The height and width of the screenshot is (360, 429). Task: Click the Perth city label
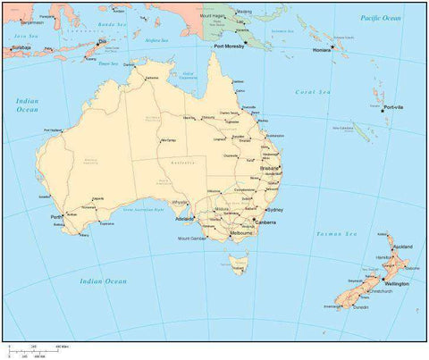click(x=55, y=216)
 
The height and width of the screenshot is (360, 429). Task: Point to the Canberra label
click(x=265, y=222)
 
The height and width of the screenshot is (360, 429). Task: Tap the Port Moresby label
click(x=230, y=46)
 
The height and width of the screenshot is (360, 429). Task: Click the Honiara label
click(x=323, y=50)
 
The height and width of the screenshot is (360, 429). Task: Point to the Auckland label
click(x=402, y=245)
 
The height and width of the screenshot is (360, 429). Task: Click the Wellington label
click(x=397, y=284)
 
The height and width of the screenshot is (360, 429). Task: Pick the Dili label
click(x=101, y=41)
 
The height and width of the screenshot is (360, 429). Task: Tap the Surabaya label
click(x=21, y=47)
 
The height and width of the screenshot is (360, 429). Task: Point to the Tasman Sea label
click(x=336, y=233)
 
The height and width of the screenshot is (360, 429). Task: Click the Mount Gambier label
click(x=192, y=239)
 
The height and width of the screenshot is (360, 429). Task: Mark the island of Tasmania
click(x=237, y=264)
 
